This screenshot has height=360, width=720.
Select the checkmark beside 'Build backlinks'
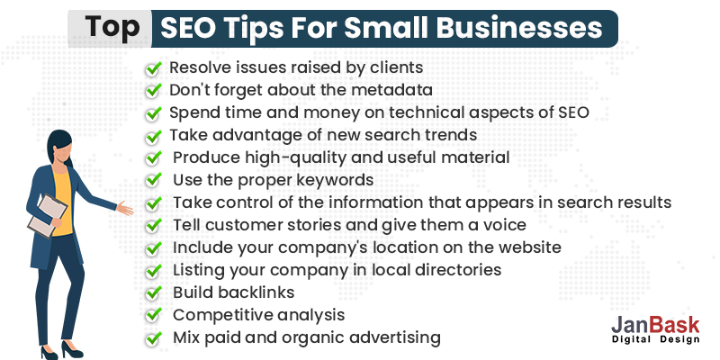click(154, 292)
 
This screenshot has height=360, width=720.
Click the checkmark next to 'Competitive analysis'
click(154, 315)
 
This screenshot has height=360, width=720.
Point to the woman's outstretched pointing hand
click(125, 209)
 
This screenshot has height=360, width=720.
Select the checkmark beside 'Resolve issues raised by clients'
click(154, 67)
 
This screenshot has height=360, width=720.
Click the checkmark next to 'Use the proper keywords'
click(154, 180)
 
